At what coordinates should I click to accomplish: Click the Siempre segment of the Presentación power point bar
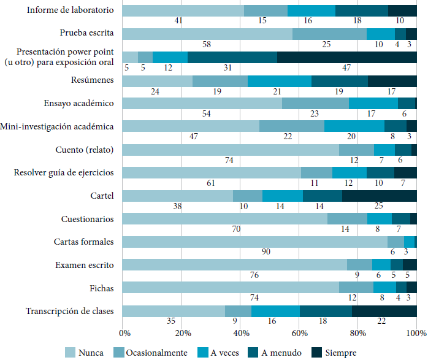point(346,57)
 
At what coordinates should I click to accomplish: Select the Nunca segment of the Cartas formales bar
point(254,242)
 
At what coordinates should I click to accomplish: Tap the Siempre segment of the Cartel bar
point(379,196)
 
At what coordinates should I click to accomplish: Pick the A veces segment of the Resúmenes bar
point(279,80)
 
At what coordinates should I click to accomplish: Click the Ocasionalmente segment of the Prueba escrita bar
point(329,34)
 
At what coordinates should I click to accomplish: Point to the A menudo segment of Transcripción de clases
point(326,311)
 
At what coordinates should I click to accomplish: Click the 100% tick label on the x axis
point(417,333)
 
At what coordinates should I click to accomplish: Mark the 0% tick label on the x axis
point(124,333)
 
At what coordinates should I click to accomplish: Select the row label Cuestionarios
point(87,219)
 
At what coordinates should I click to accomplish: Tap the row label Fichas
point(102,288)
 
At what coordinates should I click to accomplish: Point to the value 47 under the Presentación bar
point(346,67)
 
